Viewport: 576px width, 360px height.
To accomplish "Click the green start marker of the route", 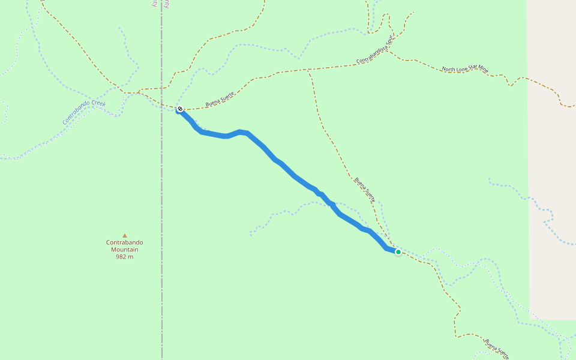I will pos(398,252).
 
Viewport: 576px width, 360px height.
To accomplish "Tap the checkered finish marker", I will pos(179,109).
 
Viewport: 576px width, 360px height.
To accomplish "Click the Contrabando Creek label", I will pos(84,112).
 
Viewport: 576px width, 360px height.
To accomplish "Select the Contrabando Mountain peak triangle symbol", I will pos(125,235).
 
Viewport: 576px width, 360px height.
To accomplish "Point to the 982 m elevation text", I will pos(125,257).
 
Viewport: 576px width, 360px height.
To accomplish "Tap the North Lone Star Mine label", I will pos(465,70).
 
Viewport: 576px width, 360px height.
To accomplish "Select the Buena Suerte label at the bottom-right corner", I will pos(497,347).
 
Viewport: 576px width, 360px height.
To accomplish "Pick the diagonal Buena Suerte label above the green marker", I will pos(364,189).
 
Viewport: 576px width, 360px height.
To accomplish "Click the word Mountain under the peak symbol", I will pos(125,250).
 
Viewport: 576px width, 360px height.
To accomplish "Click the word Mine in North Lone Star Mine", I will pos(482,70).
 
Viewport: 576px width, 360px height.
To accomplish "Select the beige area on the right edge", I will pos(552,150).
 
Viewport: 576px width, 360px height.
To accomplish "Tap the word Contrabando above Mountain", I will pos(125,242).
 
